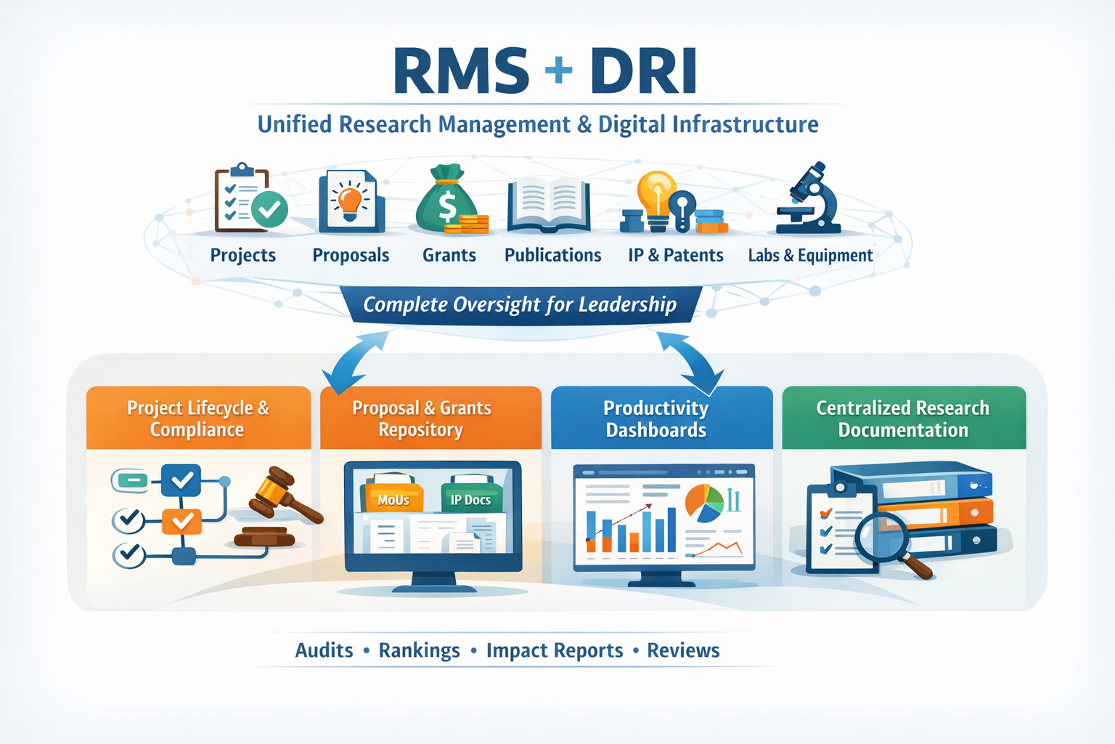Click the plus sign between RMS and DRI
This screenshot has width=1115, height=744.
(558, 70)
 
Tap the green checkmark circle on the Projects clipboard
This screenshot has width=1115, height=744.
(269, 210)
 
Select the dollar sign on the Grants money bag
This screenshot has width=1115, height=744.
(447, 206)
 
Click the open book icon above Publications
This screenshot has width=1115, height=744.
(548, 203)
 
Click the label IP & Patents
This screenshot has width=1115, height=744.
(675, 256)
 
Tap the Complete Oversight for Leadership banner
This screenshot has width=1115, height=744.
(520, 304)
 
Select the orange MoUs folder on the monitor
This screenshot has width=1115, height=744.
(393, 496)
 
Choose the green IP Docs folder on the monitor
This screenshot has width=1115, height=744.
(470, 496)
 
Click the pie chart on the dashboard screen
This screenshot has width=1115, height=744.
(704, 503)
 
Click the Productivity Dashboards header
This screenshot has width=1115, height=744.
(656, 418)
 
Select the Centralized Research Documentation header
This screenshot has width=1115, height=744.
(903, 418)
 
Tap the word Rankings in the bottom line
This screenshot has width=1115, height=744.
(419, 650)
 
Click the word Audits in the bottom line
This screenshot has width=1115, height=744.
(324, 650)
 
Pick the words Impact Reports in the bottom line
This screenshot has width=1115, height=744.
(555, 650)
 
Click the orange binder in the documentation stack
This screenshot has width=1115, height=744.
(944, 514)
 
